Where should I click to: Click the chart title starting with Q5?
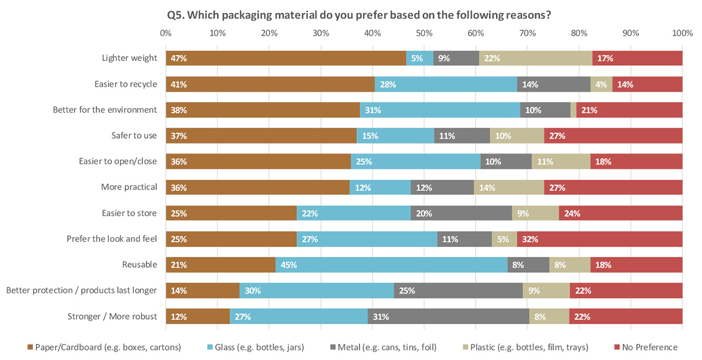[x=359, y=15]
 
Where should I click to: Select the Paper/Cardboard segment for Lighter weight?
[x=286, y=58]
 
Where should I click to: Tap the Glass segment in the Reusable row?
[x=391, y=264]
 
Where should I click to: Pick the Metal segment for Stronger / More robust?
[x=448, y=316]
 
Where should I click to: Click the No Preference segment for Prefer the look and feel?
[x=599, y=239]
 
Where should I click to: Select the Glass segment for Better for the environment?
[x=440, y=110]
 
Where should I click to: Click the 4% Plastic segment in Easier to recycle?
[x=602, y=84]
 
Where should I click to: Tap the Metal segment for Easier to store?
[x=461, y=213]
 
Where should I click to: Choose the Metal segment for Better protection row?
[x=458, y=290]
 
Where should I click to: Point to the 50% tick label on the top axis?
[x=424, y=33]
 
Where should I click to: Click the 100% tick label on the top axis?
[x=682, y=33]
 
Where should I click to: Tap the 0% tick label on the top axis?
[x=166, y=33]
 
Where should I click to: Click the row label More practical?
[x=129, y=187]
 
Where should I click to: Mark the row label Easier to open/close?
[x=118, y=161]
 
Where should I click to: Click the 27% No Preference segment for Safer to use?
[x=613, y=135]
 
